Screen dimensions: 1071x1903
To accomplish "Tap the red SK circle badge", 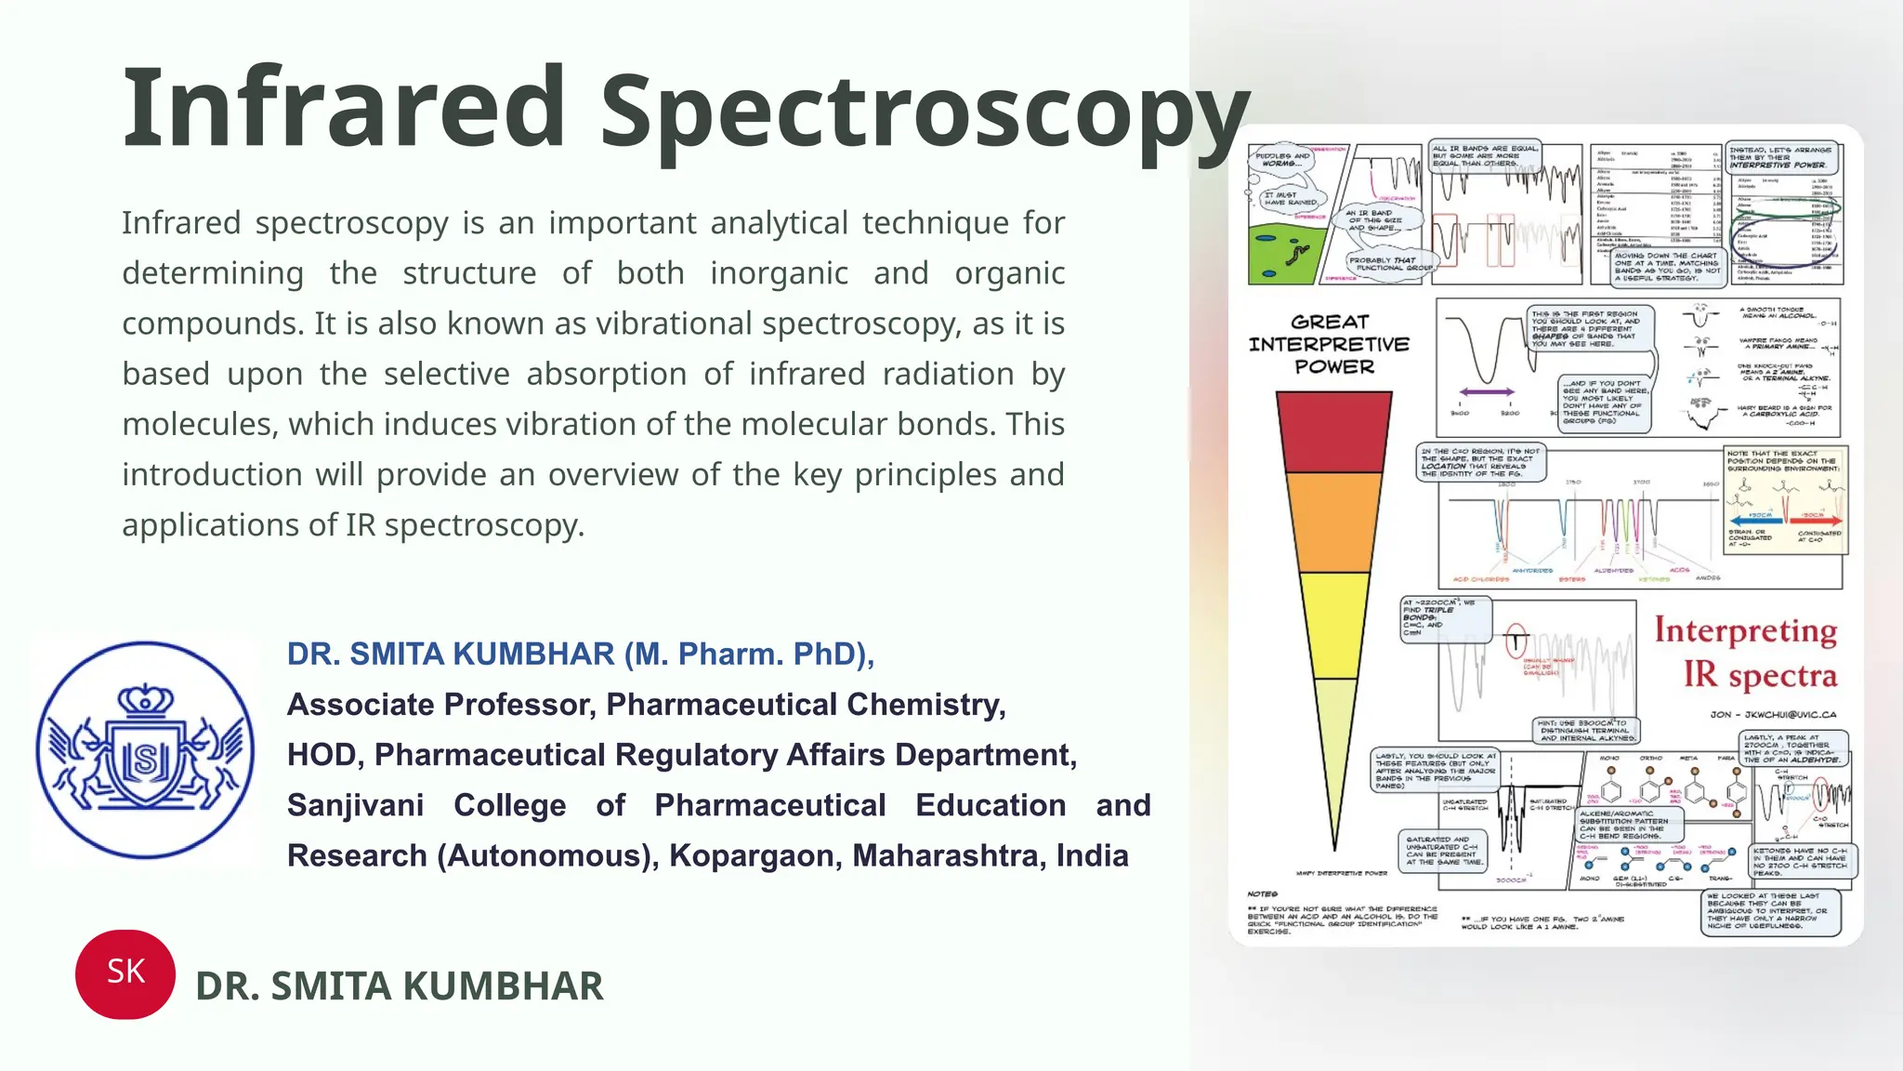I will (x=125, y=973).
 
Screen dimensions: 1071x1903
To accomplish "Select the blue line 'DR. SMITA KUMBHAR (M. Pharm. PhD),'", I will (x=581, y=654).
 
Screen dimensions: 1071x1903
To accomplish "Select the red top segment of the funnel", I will (x=1334, y=432).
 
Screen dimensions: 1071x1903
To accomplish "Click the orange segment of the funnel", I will (x=1334, y=521).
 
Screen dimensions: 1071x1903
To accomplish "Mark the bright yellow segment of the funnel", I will (x=1334, y=623).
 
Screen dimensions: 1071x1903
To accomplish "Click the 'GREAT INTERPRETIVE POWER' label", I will (x=1330, y=344).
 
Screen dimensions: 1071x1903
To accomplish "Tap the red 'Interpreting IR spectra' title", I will (x=1747, y=653).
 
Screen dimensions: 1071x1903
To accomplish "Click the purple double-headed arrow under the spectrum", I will (x=1486, y=392).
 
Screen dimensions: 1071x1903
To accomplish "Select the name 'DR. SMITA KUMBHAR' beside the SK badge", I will (x=400, y=986).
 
